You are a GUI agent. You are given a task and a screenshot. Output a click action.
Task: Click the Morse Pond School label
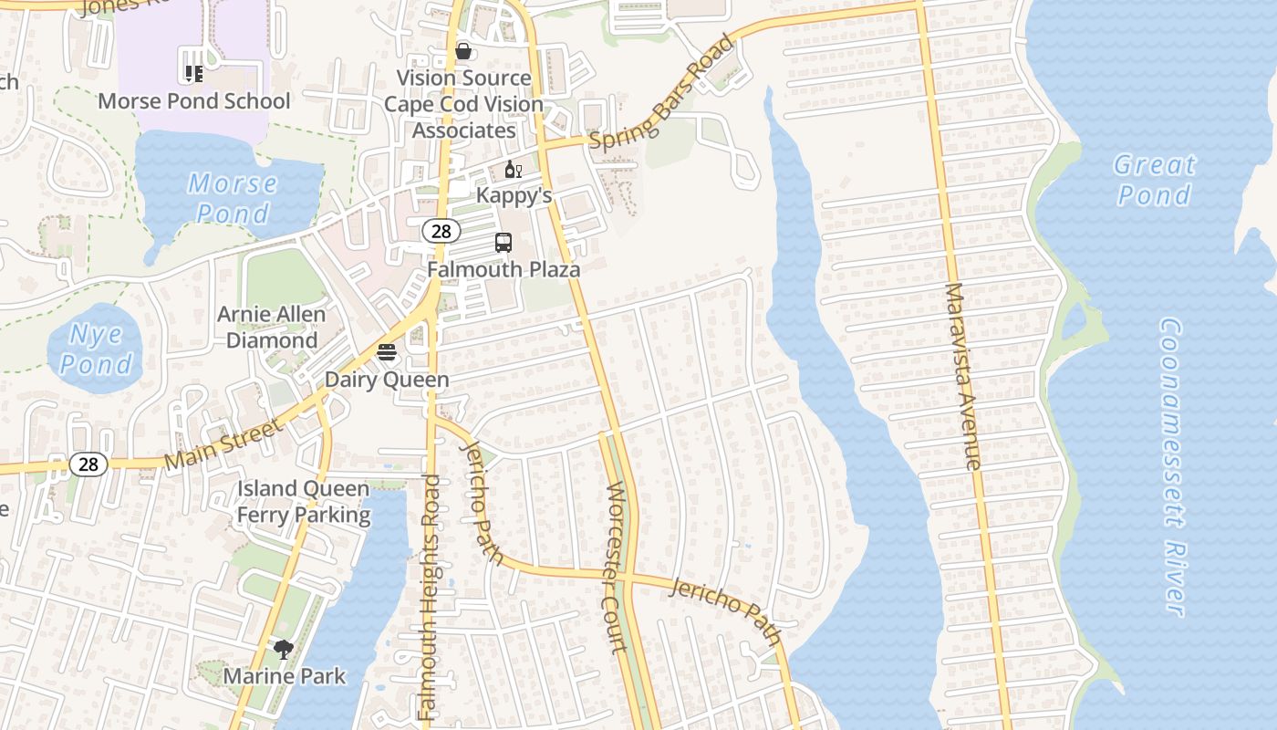pyautogui.click(x=193, y=101)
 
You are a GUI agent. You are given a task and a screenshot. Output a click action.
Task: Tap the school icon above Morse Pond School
pyautogui.click(x=193, y=73)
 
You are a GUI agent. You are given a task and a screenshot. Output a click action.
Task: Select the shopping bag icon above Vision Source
pyautogui.click(x=463, y=51)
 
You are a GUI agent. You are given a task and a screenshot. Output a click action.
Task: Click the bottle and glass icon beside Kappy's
pyautogui.click(x=514, y=170)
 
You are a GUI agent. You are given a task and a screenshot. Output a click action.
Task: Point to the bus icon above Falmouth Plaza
pyautogui.click(x=504, y=243)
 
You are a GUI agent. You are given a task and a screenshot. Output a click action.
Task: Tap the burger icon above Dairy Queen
pyautogui.click(x=387, y=353)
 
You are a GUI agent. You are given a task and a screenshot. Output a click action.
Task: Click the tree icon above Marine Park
pyautogui.click(x=284, y=650)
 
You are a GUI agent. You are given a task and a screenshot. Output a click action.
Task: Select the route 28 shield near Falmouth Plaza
pyautogui.click(x=441, y=231)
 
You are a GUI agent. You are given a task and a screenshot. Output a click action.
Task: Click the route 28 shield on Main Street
pyautogui.click(x=88, y=464)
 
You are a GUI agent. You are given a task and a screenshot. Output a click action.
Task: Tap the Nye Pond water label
pyautogui.click(x=96, y=349)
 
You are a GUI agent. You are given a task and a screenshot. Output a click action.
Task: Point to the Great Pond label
pyautogui.click(x=1154, y=180)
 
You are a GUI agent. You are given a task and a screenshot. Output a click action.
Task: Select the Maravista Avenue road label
pyautogui.click(x=963, y=376)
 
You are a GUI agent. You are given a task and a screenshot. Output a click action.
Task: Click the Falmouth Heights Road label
pyautogui.click(x=429, y=597)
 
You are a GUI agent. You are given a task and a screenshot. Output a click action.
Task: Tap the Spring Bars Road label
pyautogui.click(x=661, y=94)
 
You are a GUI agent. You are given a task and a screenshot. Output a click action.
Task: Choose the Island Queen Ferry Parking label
pyautogui.click(x=304, y=502)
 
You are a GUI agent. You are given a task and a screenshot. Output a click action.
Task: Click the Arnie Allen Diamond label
pyautogui.click(x=271, y=328)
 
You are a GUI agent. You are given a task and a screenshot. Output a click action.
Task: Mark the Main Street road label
pyautogui.click(x=224, y=444)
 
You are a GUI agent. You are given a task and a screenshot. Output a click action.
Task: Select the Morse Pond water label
pyautogui.click(x=232, y=198)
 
